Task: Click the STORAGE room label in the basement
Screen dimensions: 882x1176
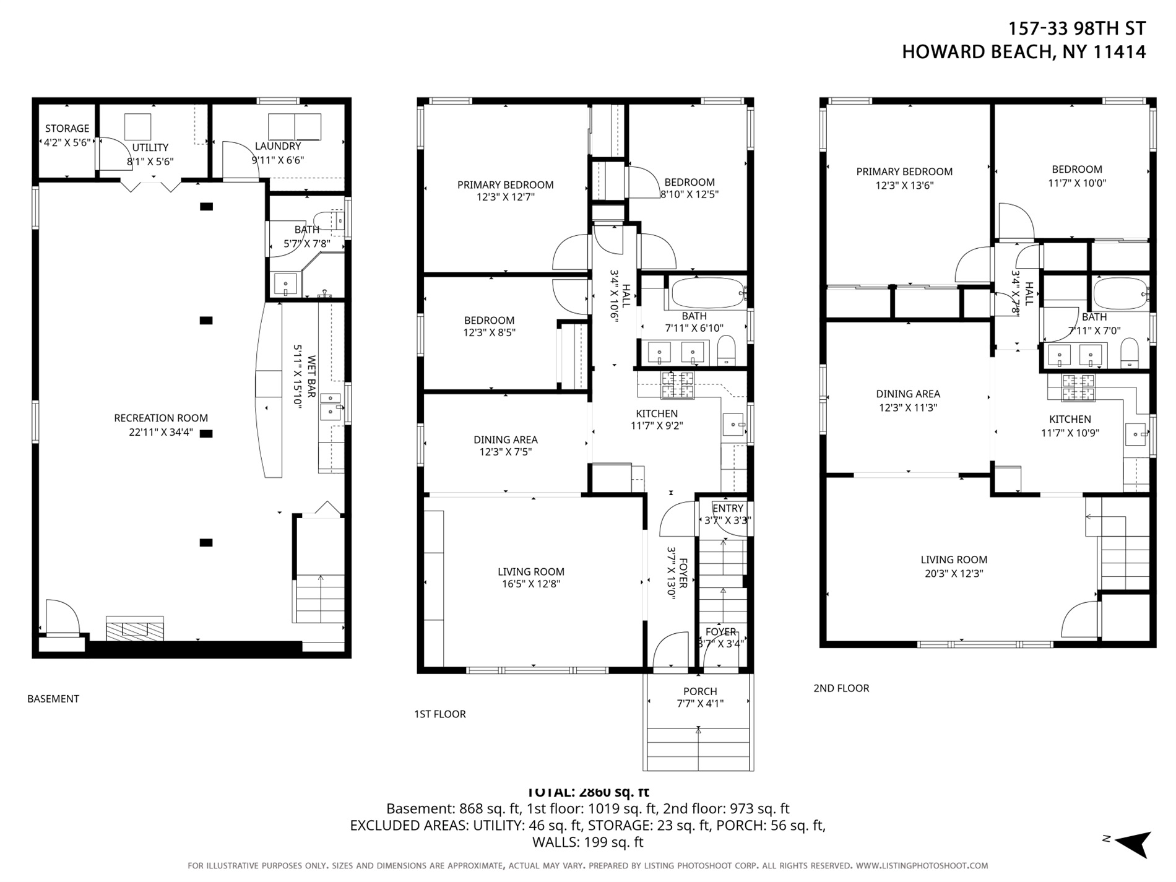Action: click(67, 129)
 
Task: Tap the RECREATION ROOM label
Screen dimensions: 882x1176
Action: click(161, 418)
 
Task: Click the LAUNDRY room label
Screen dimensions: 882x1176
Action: click(277, 147)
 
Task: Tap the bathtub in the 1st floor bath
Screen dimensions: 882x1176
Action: click(707, 293)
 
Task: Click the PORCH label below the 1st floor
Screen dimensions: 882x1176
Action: click(700, 691)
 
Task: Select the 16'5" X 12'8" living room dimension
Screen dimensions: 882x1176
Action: click(531, 584)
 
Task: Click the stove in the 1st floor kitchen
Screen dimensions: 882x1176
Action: click(677, 385)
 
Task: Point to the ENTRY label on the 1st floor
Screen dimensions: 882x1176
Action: click(727, 509)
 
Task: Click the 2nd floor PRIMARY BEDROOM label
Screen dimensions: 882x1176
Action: click(904, 172)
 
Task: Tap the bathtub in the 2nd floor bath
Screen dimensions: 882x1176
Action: click(1120, 293)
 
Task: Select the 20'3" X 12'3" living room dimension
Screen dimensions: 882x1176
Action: click(954, 574)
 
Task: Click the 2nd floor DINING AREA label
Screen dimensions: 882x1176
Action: click(907, 394)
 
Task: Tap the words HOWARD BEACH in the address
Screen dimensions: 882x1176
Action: click(977, 52)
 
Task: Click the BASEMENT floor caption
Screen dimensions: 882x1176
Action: click(53, 699)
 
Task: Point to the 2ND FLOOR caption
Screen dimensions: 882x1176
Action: click(841, 688)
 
